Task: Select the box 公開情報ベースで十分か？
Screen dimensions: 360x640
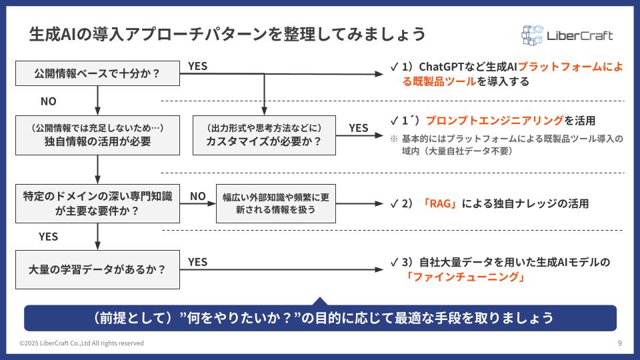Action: pyautogui.click(x=98, y=73)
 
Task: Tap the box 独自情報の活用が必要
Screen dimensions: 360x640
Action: pyautogui.click(x=98, y=135)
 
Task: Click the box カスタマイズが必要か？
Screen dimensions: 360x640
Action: pyautogui.click(x=264, y=135)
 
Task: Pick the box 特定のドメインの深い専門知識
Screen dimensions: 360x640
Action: pyautogui.click(x=98, y=203)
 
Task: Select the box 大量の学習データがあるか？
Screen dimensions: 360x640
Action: pyautogui.click(x=98, y=269)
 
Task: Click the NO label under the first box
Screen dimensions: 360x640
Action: pyautogui.click(x=48, y=102)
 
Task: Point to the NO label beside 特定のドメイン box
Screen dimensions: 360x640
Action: pyautogui.click(x=198, y=196)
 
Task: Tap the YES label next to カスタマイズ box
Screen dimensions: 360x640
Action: pyautogui.click(x=358, y=128)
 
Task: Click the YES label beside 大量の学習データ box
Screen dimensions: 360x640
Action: pyautogui.click(x=198, y=262)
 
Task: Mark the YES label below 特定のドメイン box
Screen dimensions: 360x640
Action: pyautogui.click(x=48, y=237)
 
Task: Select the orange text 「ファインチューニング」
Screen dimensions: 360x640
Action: pyautogui.click(x=457, y=278)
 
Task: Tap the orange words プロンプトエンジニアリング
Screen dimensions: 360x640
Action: pyautogui.click(x=494, y=121)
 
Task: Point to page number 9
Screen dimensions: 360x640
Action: pyautogui.click(x=620, y=343)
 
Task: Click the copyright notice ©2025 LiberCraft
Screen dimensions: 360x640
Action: pyautogui.click(x=81, y=343)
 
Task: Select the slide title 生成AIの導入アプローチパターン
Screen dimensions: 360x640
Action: pyautogui.click(x=227, y=33)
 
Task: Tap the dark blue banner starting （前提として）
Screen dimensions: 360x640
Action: pyautogui.click(x=320, y=317)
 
